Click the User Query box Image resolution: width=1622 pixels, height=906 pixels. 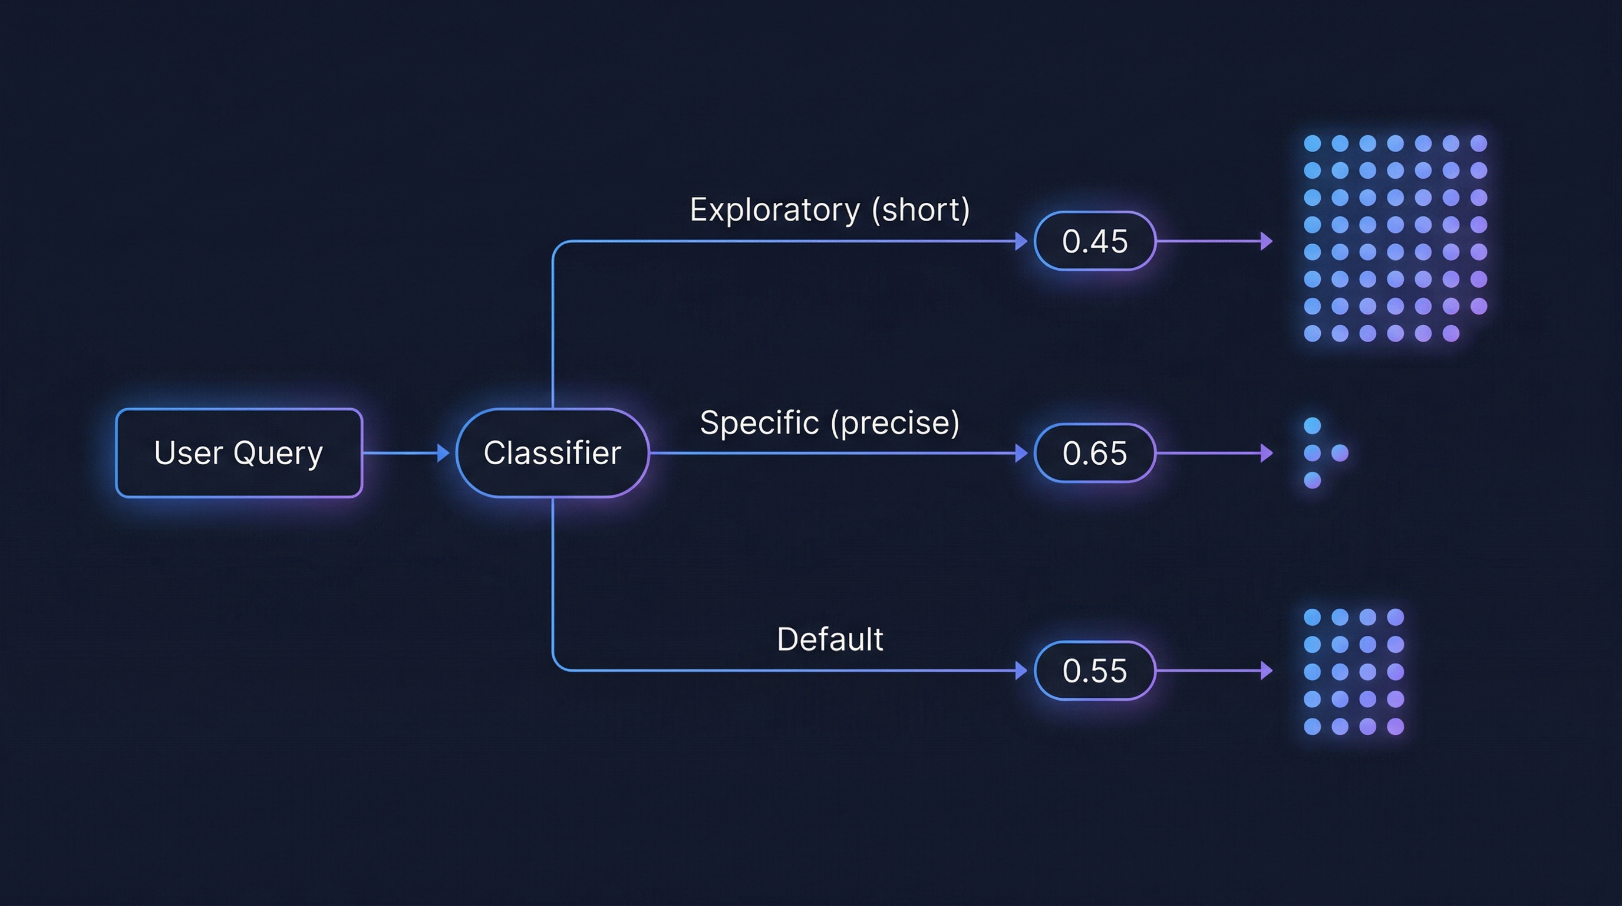[239, 453]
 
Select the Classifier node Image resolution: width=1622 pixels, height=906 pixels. [552, 453]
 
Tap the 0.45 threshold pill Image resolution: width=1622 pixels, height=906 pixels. [1094, 241]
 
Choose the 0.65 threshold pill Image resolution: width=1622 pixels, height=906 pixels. [1094, 453]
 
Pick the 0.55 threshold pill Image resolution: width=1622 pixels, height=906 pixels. [1094, 671]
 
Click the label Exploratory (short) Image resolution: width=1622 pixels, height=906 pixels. [829, 209]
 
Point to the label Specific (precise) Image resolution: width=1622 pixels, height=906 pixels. [829, 422]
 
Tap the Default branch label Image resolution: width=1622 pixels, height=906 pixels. [829, 639]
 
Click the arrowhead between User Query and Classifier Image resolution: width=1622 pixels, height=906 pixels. [443, 453]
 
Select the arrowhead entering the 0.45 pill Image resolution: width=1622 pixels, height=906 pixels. [1021, 241]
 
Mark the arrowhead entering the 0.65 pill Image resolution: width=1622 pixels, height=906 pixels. [1021, 453]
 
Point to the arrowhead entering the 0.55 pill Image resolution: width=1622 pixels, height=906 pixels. [1021, 671]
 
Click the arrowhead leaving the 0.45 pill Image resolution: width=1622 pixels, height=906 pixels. [1266, 241]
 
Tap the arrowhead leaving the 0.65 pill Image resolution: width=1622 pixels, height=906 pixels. [1266, 453]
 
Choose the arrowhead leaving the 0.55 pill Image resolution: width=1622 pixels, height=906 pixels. [1266, 671]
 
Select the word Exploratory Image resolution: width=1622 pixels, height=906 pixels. [774, 210]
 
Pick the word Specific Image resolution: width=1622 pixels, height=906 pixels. [759, 423]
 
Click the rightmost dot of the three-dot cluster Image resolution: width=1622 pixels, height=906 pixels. [1340, 453]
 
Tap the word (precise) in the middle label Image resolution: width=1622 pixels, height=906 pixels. [895, 423]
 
